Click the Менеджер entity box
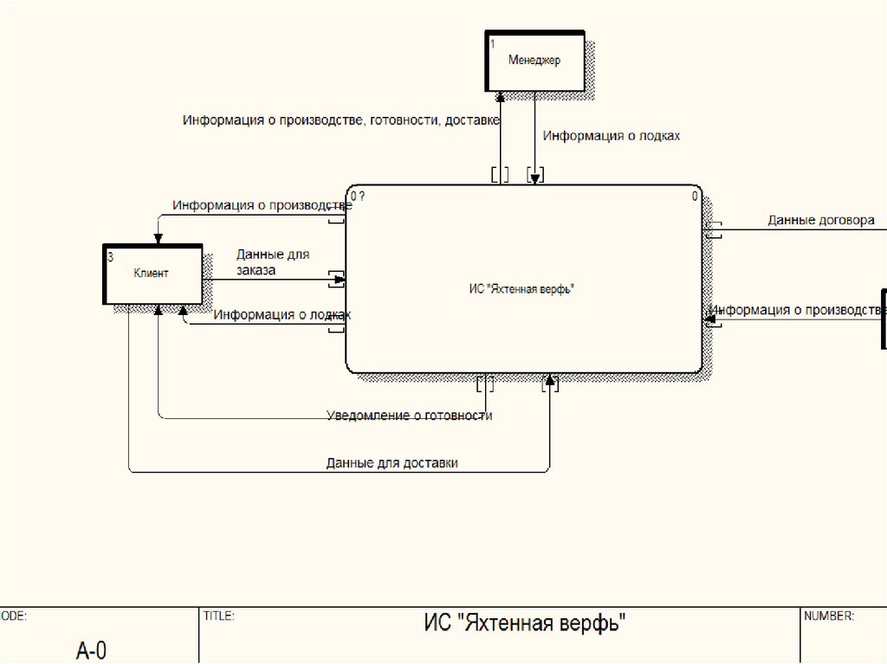coord(534,61)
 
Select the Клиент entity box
coord(152,274)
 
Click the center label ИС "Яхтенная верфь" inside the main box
coord(521,289)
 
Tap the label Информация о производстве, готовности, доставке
coord(341,120)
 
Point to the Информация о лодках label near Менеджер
coord(612,136)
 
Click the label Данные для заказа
coord(273,262)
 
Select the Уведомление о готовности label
coord(409,416)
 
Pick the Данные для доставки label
coord(392,463)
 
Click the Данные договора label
coord(821,220)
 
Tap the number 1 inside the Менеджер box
coord(492,44)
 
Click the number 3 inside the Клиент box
coord(110,257)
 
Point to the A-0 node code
coord(91,650)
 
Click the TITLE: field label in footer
coord(219,616)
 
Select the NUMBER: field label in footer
coord(829,616)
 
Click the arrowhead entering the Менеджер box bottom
coord(500,97)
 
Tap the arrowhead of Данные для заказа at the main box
coord(340,280)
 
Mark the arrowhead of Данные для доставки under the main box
coord(549,378)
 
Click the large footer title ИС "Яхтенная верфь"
coord(524,623)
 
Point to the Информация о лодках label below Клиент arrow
coord(282,314)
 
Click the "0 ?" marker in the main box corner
coord(358,197)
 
